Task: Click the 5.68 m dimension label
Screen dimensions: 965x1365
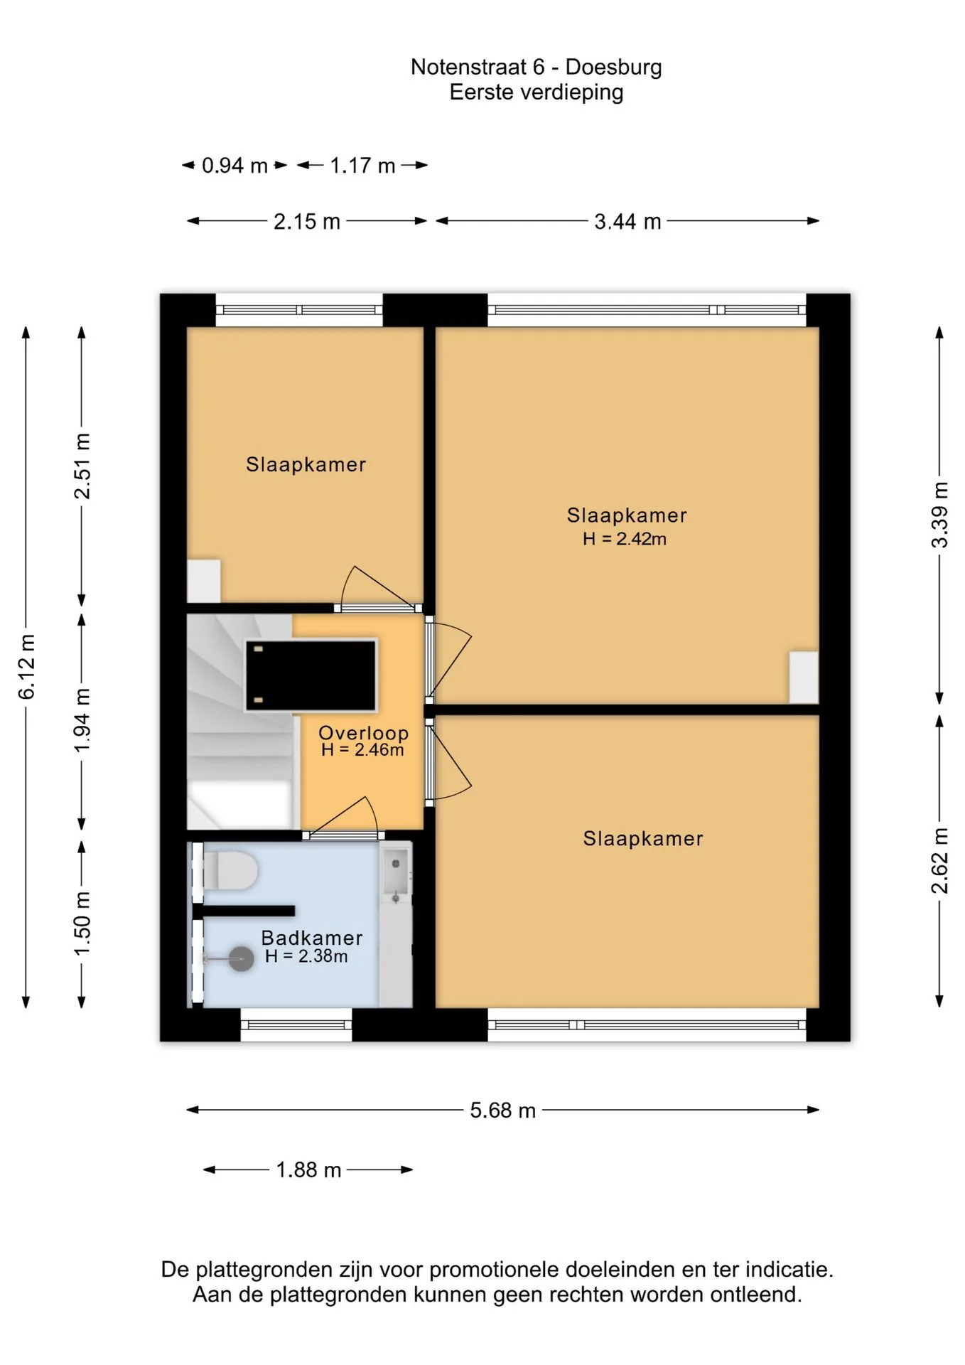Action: pyautogui.click(x=502, y=1110)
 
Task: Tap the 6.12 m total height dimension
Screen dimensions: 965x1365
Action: pyautogui.click(x=26, y=667)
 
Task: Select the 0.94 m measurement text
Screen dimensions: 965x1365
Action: pyautogui.click(x=234, y=166)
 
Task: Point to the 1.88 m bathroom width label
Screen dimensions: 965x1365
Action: pyautogui.click(x=308, y=1169)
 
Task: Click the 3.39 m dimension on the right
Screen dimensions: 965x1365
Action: pyautogui.click(x=939, y=515)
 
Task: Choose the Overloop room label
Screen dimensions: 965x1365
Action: pyautogui.click(x=363, y=732)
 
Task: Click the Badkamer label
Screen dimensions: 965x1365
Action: pyautogui.click(x=312, y=938)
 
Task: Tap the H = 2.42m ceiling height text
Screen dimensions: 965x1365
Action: pyautogui.click(x=625, y=539)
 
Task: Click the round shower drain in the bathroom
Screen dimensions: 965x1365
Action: pyautogui.click(x=242, y=959)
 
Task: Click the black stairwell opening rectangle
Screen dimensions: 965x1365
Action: pyautogui.click(x=311, y=675)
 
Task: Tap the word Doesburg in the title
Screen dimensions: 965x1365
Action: pyautogui.click(x=613, y=67)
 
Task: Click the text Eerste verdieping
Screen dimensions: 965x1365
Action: pyautogui.click(x=537, y=92)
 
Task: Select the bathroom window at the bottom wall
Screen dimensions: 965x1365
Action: pyautogui.click(x=296, y=1025)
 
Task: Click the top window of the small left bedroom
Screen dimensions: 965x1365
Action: pyautogui.click(x=299, y=310)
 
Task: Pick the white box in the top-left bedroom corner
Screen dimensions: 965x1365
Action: pyautogui.click(x=203, y=582)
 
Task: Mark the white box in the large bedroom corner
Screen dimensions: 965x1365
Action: pyautogui.click(x=804, y=678)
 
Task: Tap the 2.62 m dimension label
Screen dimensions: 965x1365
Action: pyautogui.click(x=939, y=861)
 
